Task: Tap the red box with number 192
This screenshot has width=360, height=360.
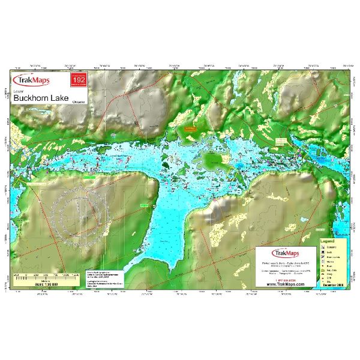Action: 79,80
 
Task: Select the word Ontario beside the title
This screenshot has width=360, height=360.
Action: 78,103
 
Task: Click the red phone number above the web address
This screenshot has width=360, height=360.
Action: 286,279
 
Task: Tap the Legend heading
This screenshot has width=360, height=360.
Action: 328,242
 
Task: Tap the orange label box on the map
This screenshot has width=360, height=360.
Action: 190,128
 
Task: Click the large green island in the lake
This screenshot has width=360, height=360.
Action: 214,160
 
